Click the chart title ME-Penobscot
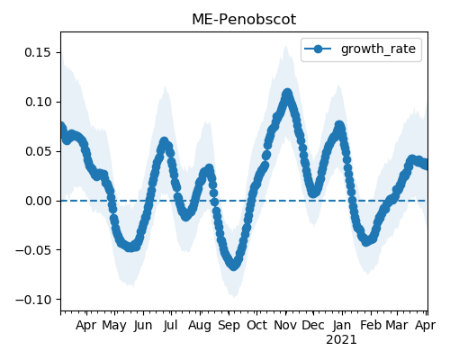tap(244, 20)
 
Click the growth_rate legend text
tap(378, 49)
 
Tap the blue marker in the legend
tap(318, 49)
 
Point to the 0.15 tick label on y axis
tap(38, 52)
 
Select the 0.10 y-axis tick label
tap(38, 102)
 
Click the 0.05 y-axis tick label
tap(38, 151)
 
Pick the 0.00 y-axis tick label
tap(38, 201)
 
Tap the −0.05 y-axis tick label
tap(33, 250)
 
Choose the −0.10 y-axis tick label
tap(33, 300)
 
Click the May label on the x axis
tap(114, 326)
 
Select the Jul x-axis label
tap(171, 325)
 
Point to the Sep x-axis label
tap(229, 326)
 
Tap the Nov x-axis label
tap(285, 325)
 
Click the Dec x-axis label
tap(313, 325)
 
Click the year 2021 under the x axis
tap(341, 340)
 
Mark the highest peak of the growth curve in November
tap(287, 94)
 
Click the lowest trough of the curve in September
tap(234, 265)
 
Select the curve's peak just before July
tap(164, 141)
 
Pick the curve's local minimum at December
tap(313, 193)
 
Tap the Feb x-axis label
tap(371, 325)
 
